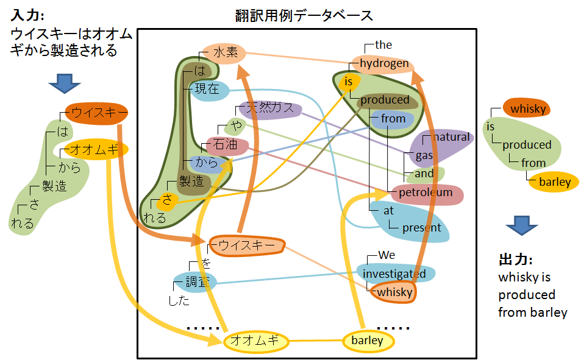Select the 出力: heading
coord(516,259)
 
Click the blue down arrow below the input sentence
coord(64,83)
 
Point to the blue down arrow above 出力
coord(521,225)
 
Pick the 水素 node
coord(225,54)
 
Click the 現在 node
coord(207,90)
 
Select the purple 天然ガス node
coord(269,109)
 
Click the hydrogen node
coord(384,63)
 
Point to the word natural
coord(451,137)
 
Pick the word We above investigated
coord(387,255)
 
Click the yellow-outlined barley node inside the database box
coord(368,341)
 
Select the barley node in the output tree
coord(555,182)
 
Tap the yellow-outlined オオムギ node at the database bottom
coord(255,341)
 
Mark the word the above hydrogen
coord(383,44)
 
